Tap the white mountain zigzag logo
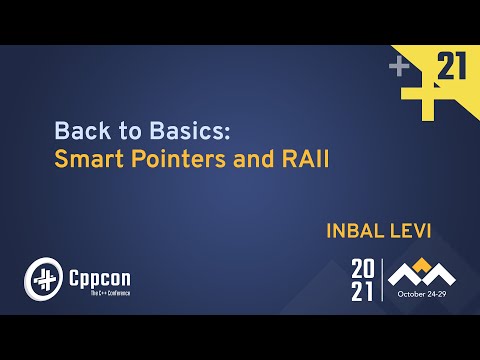coord(421,275)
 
